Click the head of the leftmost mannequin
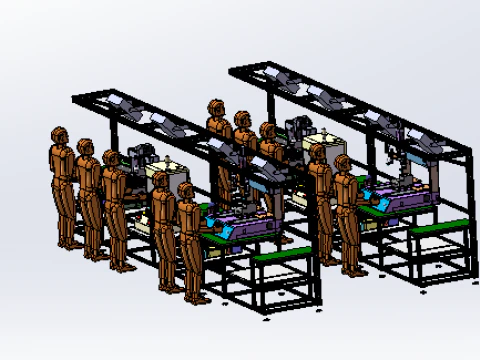[x=59, y=135]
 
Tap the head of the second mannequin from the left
[x=85, y=148]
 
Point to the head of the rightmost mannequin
[x=343, y=163]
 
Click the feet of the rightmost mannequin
[x=354, y=270]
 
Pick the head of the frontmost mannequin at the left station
[x=186, y=191]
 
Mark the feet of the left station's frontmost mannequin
[x=195, y=298]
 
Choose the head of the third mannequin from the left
[x=111, y=158]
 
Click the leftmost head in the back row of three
[x=215, y=106]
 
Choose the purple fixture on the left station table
[x=250, y=226]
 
